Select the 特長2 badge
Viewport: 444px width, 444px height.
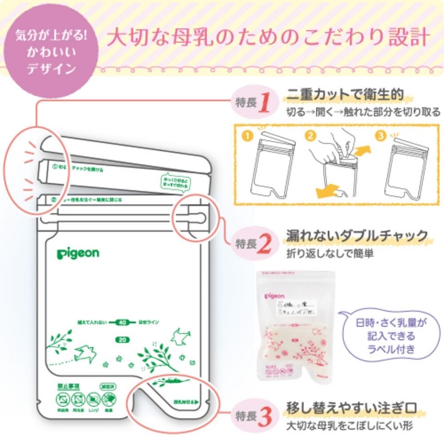click(252, 244)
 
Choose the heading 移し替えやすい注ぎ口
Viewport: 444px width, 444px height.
click(352, 409)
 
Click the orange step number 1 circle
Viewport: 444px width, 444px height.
click(248, 137)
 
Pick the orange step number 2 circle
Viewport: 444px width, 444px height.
click(311, 136)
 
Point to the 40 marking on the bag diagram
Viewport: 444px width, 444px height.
click(122, 322)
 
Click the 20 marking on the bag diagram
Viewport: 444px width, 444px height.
click(121, 340)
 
